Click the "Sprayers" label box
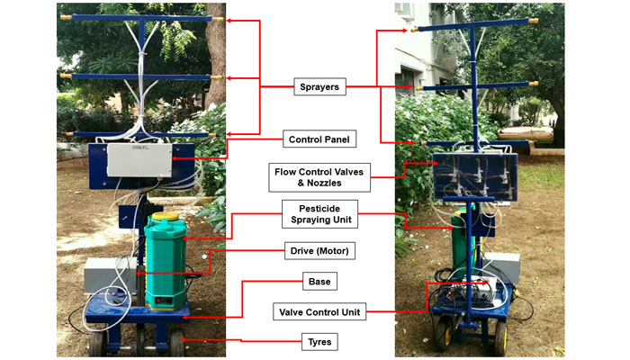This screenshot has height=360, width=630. click(319, 87)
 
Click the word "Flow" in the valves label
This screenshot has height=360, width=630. click(286, 170)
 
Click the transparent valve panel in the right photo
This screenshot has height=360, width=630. click(472, 175)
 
